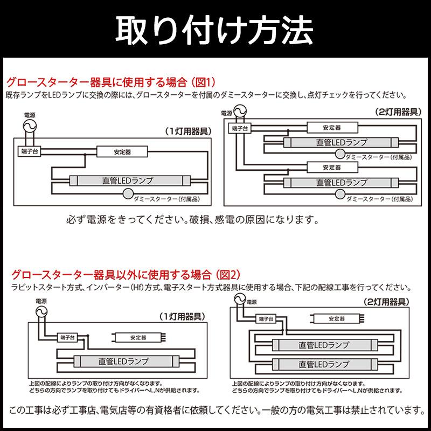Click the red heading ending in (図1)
110,82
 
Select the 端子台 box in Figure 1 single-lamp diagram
29,151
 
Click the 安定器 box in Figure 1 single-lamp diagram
122,152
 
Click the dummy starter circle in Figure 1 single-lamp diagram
128,194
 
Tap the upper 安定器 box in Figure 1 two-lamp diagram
332,128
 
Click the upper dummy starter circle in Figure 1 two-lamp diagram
340,154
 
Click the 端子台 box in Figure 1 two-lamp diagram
238,129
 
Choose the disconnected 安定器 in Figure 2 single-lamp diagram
138,338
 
